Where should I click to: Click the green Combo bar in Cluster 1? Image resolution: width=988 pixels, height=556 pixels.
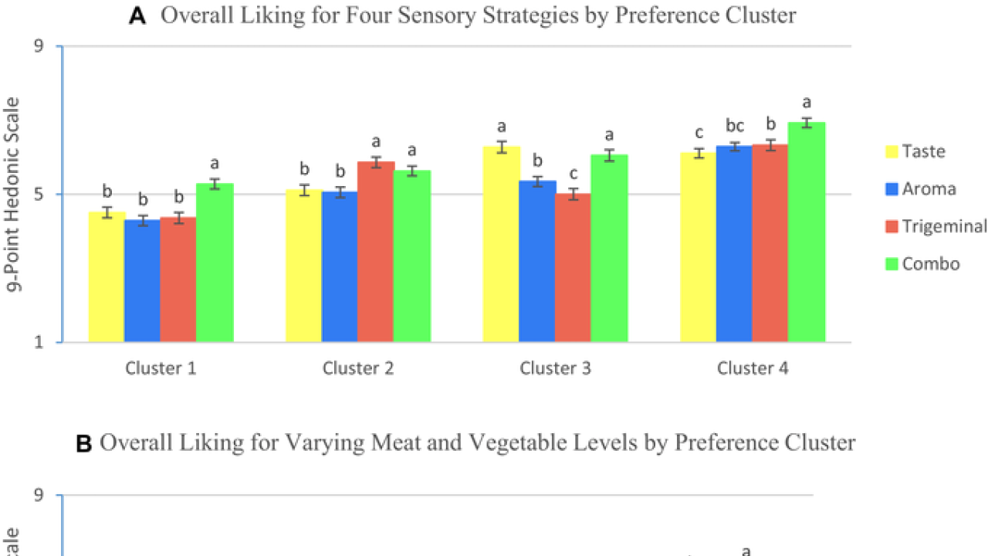pyautogui.click(x=215, y=263)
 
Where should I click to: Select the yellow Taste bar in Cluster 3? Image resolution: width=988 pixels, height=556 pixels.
pyautogui.click(x=501, y=244)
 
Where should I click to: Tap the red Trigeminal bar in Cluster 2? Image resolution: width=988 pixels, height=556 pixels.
pyautogui.click(x=376, y=252)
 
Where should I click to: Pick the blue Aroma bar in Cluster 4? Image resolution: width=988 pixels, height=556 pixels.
pyautogui.click(x=734, y=243)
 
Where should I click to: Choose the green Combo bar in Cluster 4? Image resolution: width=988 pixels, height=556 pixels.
pyautogui.click(x=807, y=232)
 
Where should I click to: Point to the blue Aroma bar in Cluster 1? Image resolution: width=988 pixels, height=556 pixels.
pyautogui.click(x=142, y=281)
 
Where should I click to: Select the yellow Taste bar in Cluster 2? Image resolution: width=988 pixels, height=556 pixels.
pyautogui.click(x=303, y=266)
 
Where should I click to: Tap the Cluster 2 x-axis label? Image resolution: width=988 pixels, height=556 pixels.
pyautogui.click(x=358, y=368)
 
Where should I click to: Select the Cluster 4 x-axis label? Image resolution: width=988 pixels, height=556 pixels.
pyautogui.click(x=753, y=368)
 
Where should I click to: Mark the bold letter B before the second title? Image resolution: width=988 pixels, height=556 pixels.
pyautogui.click(x=84, y=442)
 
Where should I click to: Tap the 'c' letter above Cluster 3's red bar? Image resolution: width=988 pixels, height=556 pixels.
pyautogui.click(x=573, y=173)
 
